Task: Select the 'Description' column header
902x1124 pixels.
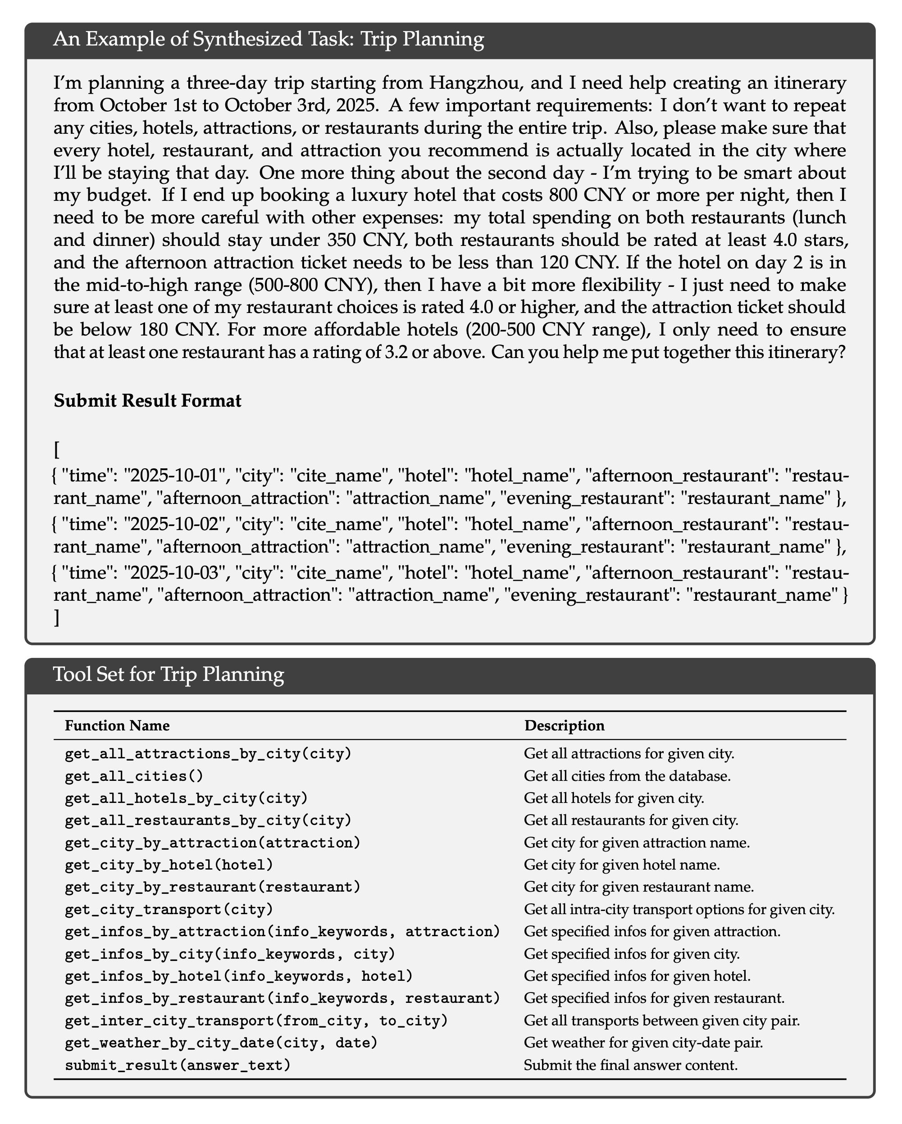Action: pos(565,726)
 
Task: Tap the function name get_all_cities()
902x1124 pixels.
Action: pos(133,776)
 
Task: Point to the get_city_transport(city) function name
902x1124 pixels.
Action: pos(169,910)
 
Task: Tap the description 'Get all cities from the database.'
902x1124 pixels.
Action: pos(627,776)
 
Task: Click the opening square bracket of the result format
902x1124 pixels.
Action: pos(56,449)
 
